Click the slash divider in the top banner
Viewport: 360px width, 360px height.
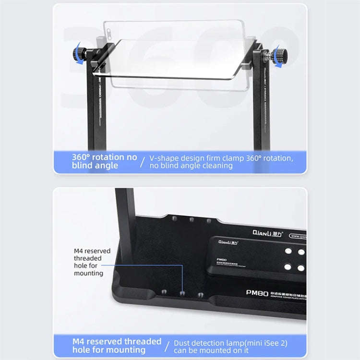click(143, 161)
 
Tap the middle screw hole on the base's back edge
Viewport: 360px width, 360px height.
click(192, 219)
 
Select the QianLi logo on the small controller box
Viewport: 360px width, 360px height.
click(229, 242)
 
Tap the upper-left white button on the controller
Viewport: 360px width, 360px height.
click(288, 251)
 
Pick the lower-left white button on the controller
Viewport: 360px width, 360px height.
click(288, 266)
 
